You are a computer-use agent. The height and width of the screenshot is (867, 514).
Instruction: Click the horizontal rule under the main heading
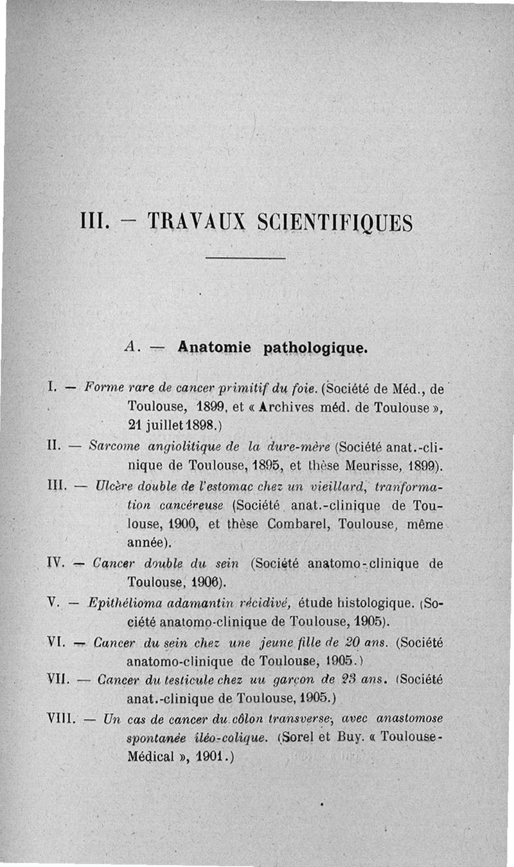[x=246, y=259]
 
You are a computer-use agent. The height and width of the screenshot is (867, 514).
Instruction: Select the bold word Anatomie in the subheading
[x=216, y=347]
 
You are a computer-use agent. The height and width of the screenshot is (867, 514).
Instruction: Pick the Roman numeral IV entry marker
[x=55, y=563]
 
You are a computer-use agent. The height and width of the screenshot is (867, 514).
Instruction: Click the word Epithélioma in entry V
[x=121, y=603]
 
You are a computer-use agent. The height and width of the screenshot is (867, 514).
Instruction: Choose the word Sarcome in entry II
[x=113, y=445]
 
